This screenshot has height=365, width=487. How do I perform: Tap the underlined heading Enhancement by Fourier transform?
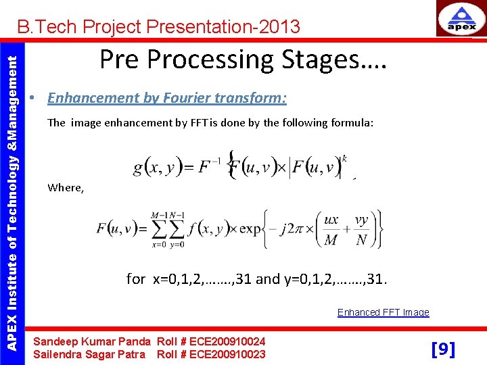click(167, 98)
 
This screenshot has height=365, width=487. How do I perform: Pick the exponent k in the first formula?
click(344, 157)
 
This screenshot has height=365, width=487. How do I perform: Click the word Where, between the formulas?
click(66, 188)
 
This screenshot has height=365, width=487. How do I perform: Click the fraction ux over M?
click(331, 229)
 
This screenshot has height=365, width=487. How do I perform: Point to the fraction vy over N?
click(362, 229)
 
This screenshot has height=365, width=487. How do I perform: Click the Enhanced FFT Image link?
click(383, 312)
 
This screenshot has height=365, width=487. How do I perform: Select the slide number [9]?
click(443, 349)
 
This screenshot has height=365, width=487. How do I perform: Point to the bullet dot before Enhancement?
click(32, 99)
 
